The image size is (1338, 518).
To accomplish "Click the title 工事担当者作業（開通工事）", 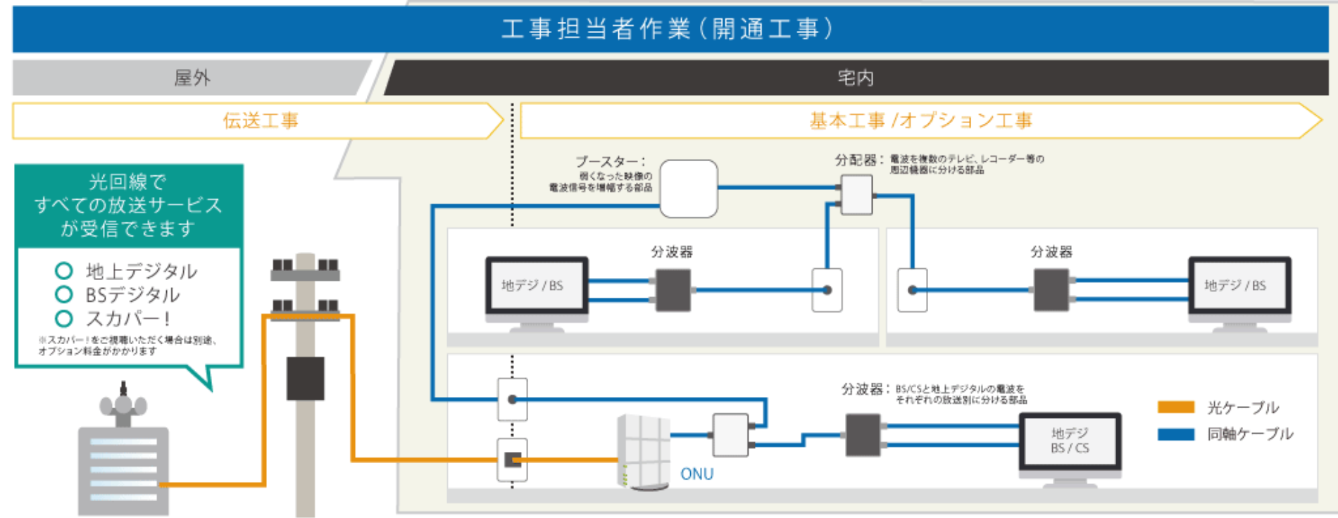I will tap(667, 30).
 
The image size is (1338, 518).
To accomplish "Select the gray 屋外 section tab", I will tap(192, 77).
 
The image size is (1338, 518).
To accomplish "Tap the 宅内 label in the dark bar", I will tap(856, 77).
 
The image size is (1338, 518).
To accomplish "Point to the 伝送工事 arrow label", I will tap(261, 121).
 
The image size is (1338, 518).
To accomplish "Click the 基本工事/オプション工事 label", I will tap(920, 121).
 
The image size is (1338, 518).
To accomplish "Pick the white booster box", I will tap(688, 189).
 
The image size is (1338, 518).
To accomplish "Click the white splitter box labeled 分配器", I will tap(856, 194).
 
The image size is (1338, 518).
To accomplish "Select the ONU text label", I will tap(696, 474).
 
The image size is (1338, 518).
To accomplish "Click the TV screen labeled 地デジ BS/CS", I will tap(1070, 441).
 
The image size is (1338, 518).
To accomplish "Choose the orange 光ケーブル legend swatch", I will tap(1175, 407).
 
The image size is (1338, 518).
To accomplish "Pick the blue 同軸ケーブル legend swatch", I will tap(1175, 434).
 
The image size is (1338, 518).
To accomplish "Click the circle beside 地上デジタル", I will tap(64, 271).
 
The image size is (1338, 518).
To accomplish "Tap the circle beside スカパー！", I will tap(64, 319).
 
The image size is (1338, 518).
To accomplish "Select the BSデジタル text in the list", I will tap(132, 295).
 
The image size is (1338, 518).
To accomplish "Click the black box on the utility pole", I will tap(305, 378).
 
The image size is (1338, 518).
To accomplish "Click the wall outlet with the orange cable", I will tap(512, 460).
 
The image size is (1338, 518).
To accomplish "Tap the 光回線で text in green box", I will tap(127, 182).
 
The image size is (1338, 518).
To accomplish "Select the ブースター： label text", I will tap(610, 162).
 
